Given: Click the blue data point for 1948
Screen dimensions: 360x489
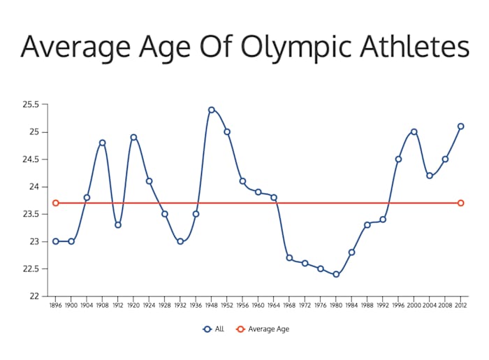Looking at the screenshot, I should pyautogui.click(x=211, y=110).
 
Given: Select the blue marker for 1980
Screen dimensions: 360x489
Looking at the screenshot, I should pyautogui.click(x=336, y=274).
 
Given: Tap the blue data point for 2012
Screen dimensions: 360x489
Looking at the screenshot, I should pyautogui.click(x=460, y=127).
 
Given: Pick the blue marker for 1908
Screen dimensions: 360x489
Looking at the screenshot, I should pyautogui.click(x=102, y=143).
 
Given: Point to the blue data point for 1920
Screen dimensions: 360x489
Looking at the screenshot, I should pyautogui.click(x=133, y=137).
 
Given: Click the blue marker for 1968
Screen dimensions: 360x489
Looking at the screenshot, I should pyautogui.click(x=289, y=258).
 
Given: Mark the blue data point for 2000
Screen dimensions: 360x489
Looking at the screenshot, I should pyautogui.click(x=414, y=131).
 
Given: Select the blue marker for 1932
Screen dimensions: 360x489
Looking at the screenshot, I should pyautogui.click(x=180, y=241).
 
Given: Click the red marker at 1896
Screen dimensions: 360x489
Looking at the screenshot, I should pyautogui.click(x=55, y=203).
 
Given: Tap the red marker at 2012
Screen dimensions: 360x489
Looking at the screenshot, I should pyautogui.click(x=460, y=203).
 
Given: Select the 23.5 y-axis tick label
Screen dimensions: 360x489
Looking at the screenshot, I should pyautogui.click(x=31, y=214).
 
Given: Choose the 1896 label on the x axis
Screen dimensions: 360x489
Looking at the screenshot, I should pyautogui.click(x=55, y=305).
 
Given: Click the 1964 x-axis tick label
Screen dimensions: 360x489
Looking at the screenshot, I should pyautogui.click(x=274, y=305).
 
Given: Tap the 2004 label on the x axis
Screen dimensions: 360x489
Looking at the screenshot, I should pyautogui.click(x=430, y=305).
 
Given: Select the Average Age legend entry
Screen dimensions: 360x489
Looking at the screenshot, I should pyautogui.click(x=263, y=329).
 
